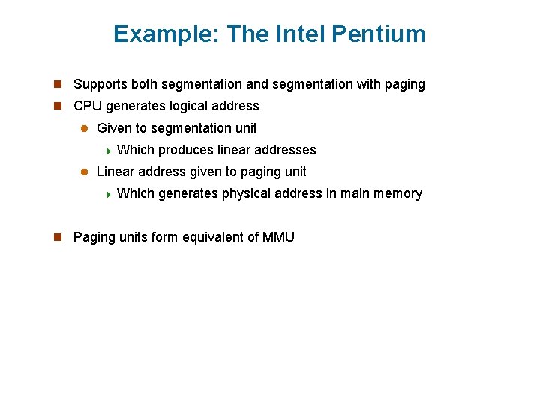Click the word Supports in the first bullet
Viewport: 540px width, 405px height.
(x=99, y=85)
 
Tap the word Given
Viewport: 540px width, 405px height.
(x=114, y=128)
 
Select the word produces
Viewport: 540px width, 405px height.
(x=185, y=150)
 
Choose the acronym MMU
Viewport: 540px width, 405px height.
(x=278, y=237)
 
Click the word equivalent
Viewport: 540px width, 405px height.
(x=214, y=237)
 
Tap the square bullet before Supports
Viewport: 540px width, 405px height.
(x=58, y=85)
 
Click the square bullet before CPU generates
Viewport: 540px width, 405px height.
(x=58, y=106)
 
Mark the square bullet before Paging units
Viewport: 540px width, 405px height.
(x=58, y=237)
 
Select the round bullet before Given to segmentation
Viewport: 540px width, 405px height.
(x=84, y=128)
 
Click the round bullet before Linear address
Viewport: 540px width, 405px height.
(x=84, y=172)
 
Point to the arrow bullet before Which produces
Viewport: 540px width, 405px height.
(x=108, y=151)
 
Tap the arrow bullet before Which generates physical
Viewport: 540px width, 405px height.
(x=108, y=194)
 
